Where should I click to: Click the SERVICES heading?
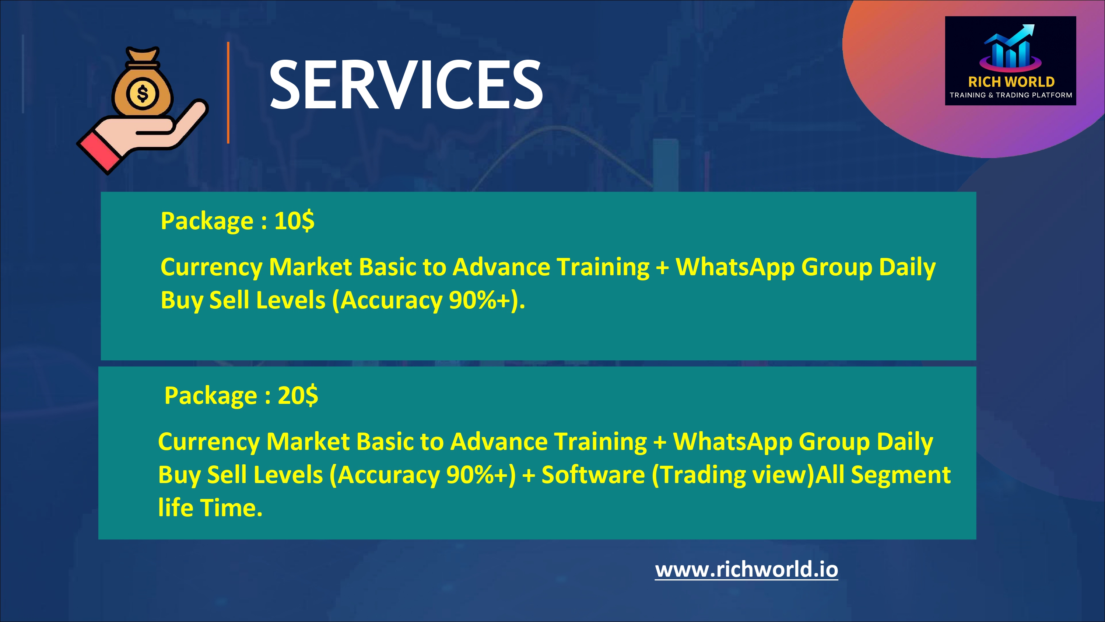click(406, 84)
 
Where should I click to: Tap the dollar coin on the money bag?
click(143, 93)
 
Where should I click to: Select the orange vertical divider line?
click(228, 93)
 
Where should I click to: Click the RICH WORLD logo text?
click(1011, 81)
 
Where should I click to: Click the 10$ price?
click(294, 221)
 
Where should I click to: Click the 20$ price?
click(298, 395)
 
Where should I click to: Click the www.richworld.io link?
click(746, 570)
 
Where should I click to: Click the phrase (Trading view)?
click(733, 476)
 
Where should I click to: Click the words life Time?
click(210, 508)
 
